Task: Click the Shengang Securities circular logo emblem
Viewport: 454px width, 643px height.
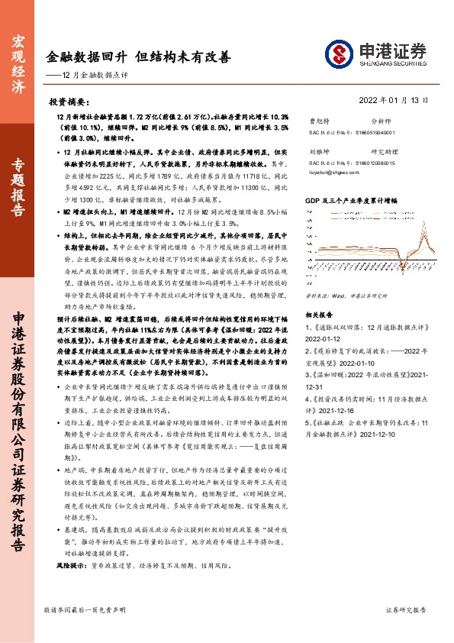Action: tap(340, 53)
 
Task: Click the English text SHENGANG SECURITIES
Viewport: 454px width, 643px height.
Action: tap(391, 63)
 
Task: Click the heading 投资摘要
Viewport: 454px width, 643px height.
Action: tap(69, 101)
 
